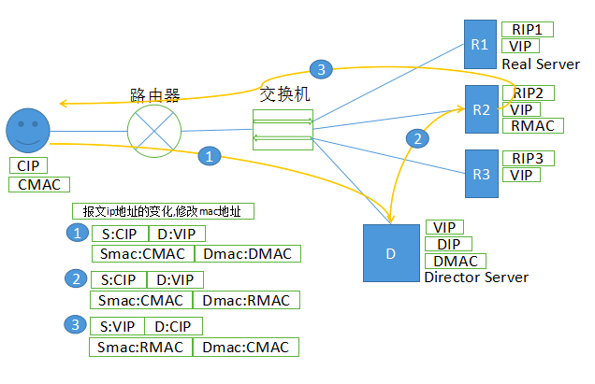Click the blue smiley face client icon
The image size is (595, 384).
coord(27,132)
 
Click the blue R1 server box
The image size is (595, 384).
coord(480,44)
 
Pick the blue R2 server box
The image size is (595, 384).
coord(481,109)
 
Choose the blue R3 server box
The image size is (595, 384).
coord(480,174)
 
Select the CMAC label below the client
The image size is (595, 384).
coord(38,184)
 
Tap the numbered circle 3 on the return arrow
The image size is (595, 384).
coord(320,69)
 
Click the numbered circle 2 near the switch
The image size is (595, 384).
coord(418,138)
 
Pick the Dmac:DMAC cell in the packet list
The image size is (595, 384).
coord(247,253)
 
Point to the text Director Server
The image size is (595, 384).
coord(476,277)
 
